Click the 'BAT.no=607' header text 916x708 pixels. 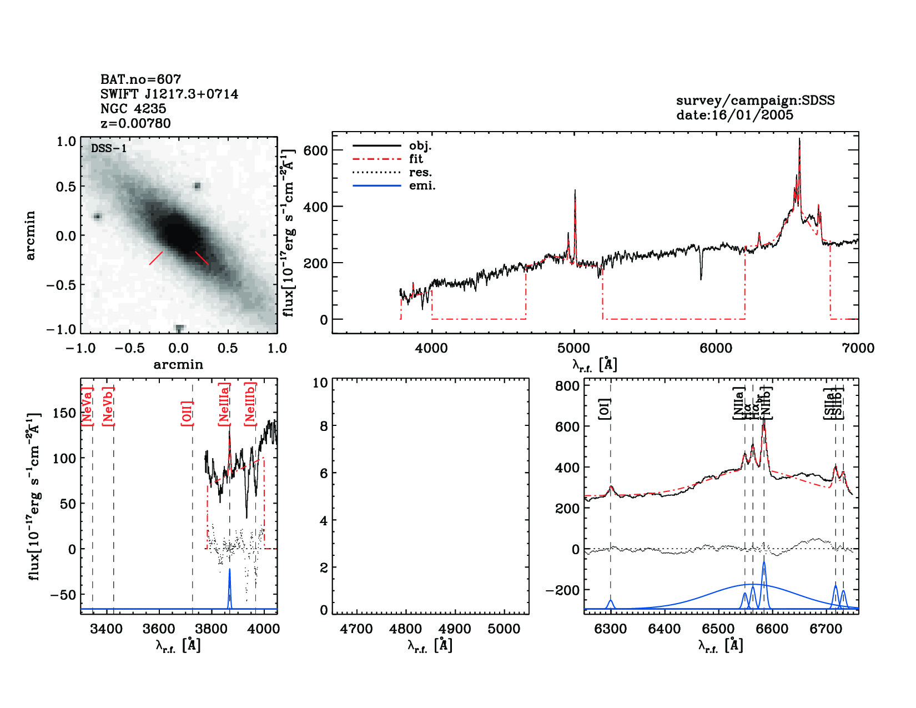coord(140,79)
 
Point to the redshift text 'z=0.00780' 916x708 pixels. coord(135,123)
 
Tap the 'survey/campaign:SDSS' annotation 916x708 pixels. coord(755,101)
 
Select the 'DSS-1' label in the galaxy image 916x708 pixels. coord(109,148)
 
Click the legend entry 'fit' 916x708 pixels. coord(416,159)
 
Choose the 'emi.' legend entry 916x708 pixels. coord(422,185)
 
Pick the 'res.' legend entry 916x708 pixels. coord(420,172)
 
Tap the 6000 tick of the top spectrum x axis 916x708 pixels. coord(716,348)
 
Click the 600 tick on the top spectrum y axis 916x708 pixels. coord(315,150)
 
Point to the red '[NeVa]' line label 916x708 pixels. coord(87,406)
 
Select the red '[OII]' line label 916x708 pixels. coord(187,413)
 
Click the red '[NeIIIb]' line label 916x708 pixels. coord(250,404)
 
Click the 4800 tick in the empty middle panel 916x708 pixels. coord(406,629)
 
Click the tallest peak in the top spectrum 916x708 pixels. coord(799,140)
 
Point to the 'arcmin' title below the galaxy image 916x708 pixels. coord(178,365)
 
